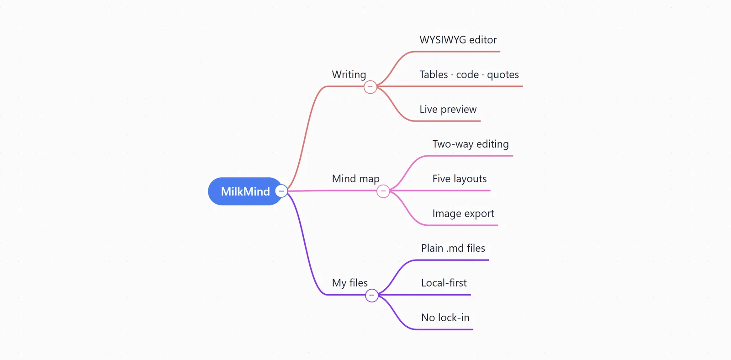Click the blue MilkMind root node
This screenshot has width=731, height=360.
(245, 191)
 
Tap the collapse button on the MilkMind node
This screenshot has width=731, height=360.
(281, 191)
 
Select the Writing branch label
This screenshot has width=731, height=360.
(349, 74)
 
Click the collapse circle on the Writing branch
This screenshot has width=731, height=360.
(370, 87)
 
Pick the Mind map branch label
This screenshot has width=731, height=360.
(356, 179)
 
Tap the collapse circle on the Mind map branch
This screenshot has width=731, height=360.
(383, 191)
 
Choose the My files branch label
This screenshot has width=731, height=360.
(350, 283)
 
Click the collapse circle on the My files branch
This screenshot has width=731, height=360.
(372, 295)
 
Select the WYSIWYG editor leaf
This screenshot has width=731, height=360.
(458, 40)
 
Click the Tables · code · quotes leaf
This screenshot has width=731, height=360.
(469, 74)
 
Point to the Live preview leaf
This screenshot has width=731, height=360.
(448, 109)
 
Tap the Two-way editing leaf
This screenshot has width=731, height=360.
(471, 144)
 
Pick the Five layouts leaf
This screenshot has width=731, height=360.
(460, 179)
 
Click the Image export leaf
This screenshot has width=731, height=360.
(463, 213)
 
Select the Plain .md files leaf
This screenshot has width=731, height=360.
(453, 248)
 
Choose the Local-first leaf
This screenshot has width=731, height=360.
(444, 283)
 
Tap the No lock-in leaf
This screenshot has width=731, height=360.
(445, 318)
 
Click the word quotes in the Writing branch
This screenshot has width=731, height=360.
(503, 75)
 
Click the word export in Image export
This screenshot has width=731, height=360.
(479, 214)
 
